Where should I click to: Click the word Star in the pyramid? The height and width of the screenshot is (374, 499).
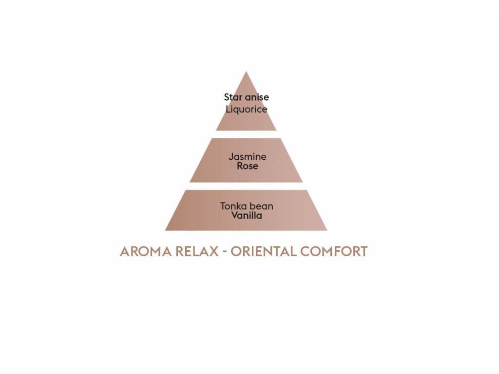[233, 97]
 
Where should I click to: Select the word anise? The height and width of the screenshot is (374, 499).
[257, 97]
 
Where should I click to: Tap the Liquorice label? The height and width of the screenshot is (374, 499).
[246, 109]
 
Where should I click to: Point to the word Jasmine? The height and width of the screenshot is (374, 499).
[248, 157]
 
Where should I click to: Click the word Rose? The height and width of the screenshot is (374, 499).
[247, 166]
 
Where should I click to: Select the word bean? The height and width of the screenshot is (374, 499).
[262, 206]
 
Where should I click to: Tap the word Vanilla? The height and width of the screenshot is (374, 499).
[247, 215]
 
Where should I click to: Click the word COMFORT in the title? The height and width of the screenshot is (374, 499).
[334, 252]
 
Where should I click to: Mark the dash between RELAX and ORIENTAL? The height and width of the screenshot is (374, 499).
[224, 252]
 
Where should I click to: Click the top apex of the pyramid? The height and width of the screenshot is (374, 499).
[246, 73]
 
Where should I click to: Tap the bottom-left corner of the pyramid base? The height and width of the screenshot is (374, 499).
[166, 230]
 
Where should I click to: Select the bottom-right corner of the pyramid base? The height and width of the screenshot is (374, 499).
[326, 230]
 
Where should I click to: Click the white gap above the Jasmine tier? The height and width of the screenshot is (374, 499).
[246, 134]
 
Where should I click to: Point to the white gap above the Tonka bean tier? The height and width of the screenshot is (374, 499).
[246, 186]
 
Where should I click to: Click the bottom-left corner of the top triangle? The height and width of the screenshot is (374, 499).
[217, 130]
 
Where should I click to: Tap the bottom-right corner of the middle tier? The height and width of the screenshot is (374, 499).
[302, 182]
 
